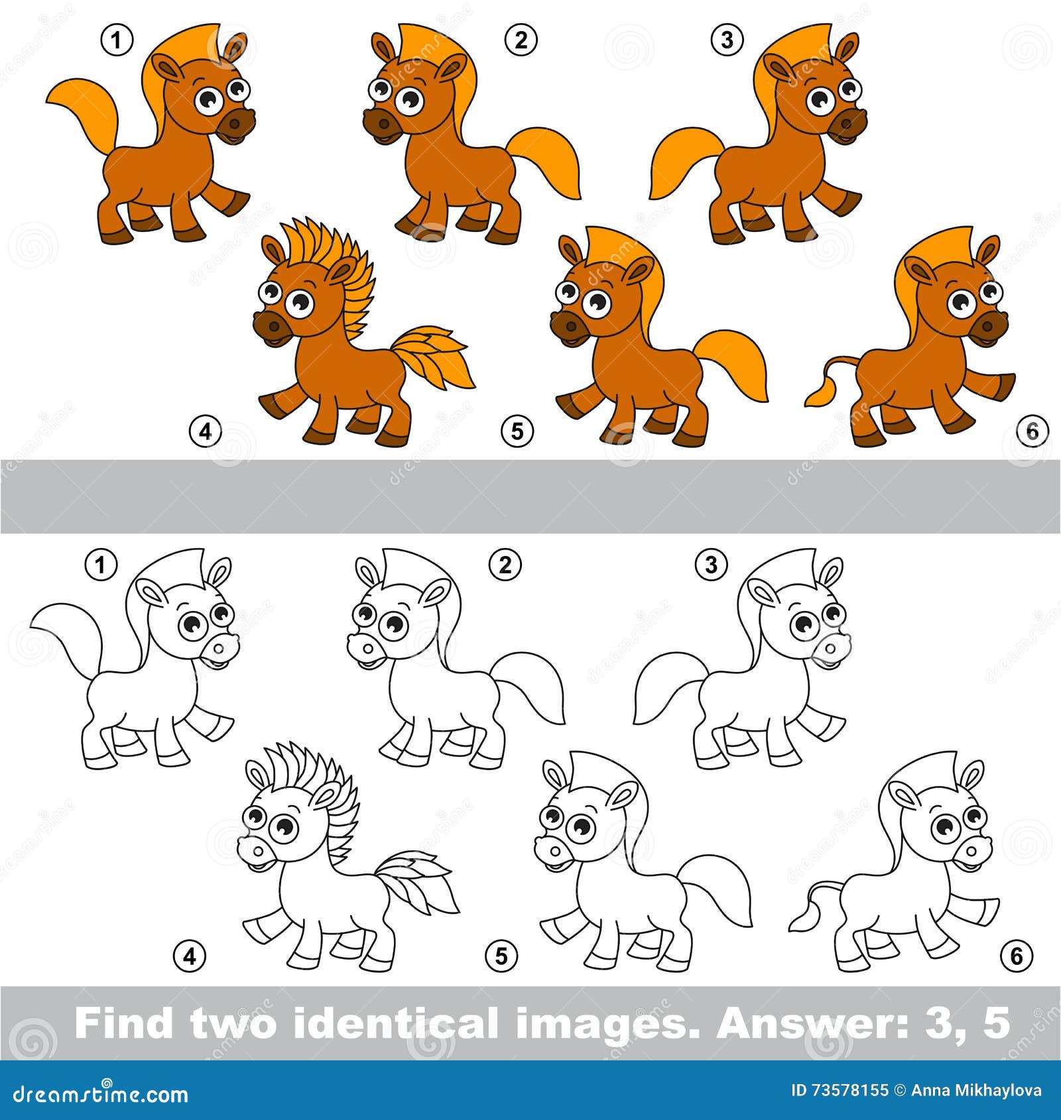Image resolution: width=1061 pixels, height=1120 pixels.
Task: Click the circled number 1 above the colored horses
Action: click(117, 41)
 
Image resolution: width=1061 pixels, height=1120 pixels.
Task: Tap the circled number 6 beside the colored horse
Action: click(1032, 431)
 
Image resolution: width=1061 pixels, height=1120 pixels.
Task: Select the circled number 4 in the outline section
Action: click(190, 956)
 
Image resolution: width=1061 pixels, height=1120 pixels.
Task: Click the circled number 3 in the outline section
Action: click(711, 565)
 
